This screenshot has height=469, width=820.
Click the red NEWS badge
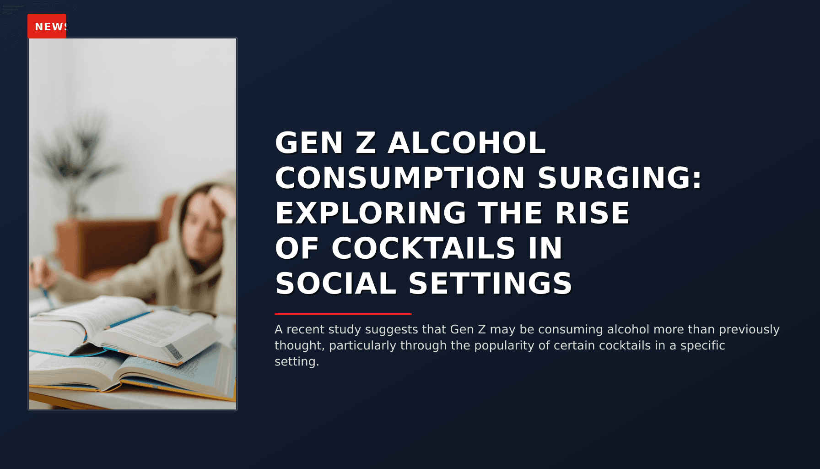(x=47, y=27)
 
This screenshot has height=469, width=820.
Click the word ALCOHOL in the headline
(x=467, y=143)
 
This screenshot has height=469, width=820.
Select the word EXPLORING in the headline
(x=371, y=213)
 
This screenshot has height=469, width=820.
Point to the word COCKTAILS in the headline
(x=423, y=249)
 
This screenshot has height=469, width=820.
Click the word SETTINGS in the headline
(x=490, y=284)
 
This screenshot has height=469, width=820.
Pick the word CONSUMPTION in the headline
(x=400, y=178)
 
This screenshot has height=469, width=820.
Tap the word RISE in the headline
(x=593, y=213)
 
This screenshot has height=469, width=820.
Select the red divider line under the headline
(x=343, y=314)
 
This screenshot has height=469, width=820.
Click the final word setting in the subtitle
(x=296, y=361)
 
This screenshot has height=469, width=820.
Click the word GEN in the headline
(x=309, y=143)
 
